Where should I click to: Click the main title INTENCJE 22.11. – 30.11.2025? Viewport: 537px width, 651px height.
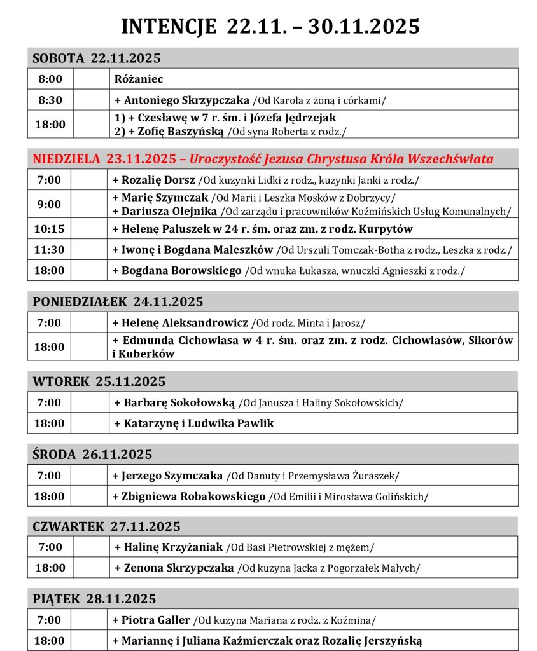pyautogui.click(x=270, y=26)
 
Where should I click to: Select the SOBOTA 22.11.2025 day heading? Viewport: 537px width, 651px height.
pyautogui.click(x=97, y=58)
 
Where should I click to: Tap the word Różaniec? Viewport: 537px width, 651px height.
pyautogui.click(x=139, y=79)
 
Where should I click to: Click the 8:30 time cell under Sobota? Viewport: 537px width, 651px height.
pyautogui.click(x=50, y=100)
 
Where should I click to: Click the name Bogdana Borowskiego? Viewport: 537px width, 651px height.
pyautogui.click(x=181, y=270)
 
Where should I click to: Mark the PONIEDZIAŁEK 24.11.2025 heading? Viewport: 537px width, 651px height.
pyautogui.click(x=118, y=301)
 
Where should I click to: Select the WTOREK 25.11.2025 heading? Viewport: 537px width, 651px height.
pyautogui.click(x=99, y=381)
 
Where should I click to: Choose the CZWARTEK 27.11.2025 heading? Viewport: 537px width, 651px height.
pyautogui.click(x=106, y=526)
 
